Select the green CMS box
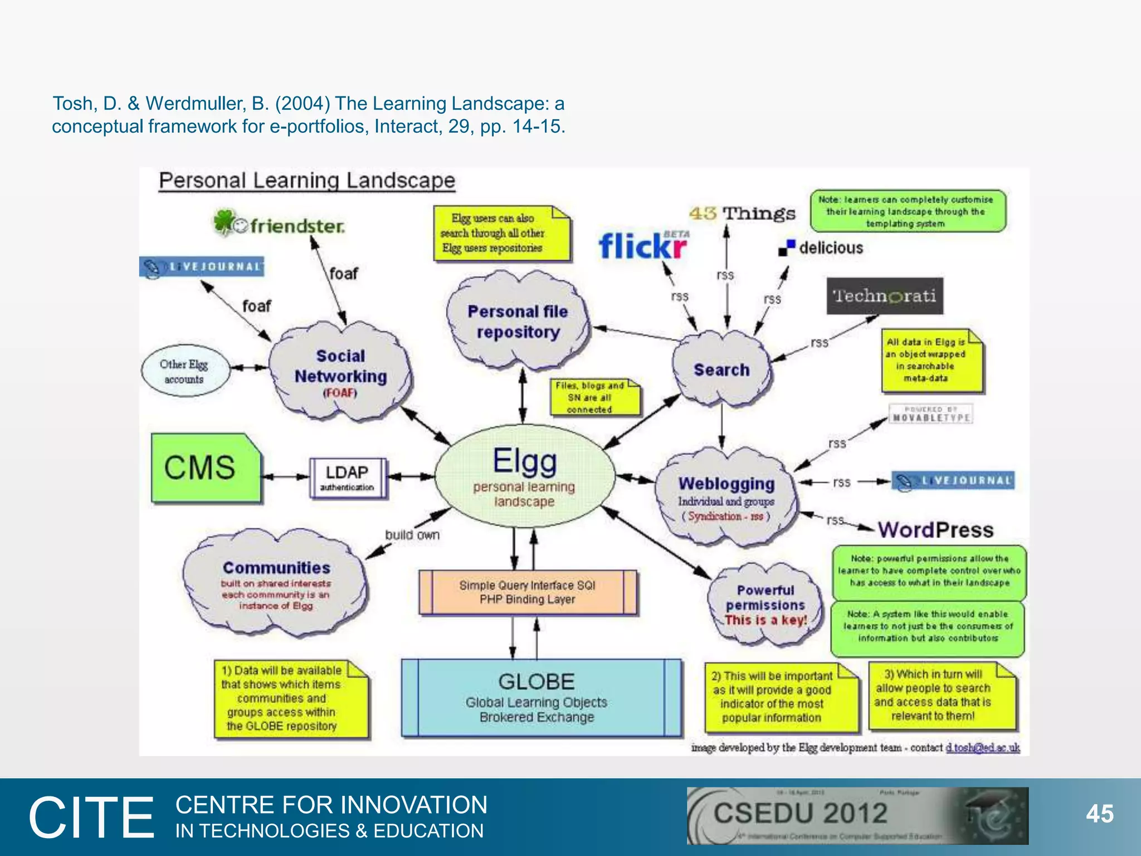205,468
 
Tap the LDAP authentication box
347,478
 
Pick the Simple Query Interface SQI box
527,592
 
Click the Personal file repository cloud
518,321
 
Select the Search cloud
721,369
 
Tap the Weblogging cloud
726,497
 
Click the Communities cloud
276,584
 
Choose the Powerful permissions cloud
766,605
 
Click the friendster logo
280,224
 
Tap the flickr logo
643,246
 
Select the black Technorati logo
884,296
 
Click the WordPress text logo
935,529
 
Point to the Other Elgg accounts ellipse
184,371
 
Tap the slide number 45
1099,814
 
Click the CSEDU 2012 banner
857,815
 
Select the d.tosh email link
982,747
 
